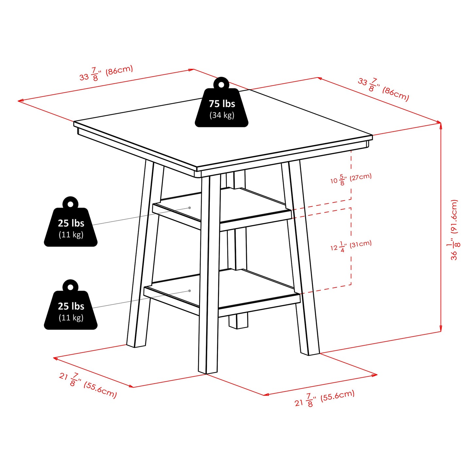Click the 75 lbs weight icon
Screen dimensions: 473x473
coord(222,105)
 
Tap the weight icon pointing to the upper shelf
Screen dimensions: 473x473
coord(71,224)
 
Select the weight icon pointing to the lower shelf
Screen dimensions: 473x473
coord(71,307)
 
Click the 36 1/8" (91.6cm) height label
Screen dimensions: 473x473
coord(454,230)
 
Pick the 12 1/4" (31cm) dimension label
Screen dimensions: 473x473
coord(351,246)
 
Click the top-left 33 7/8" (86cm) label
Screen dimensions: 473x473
coord(106,73)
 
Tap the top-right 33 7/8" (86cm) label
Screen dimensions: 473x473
coord(383,89)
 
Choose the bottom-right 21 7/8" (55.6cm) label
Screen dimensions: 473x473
coord(324,398)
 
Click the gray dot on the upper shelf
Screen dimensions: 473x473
coord(190,208)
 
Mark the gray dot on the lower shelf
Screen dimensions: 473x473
coord(190,291)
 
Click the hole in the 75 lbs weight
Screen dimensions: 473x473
coord(222,85)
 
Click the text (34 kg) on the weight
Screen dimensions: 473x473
coord(222,115)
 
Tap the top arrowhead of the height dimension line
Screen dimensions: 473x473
coord(441,125)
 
